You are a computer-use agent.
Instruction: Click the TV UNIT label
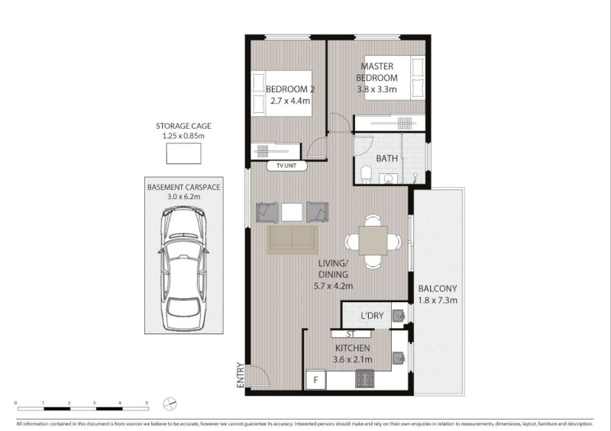[x=286, y=166]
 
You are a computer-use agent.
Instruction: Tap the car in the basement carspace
[x=183, y=269]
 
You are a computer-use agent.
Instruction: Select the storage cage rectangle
[x=183, y=153]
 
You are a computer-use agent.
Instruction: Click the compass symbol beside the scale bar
[x=170, y=404]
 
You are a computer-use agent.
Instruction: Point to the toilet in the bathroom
[x=367, y=175]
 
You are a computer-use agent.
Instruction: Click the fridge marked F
[x=316, y=379]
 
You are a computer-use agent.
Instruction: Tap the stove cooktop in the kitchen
[x=365, y=378]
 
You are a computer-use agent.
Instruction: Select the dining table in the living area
[x=373, y=240]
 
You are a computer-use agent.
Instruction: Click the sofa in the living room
[x=293, y=240]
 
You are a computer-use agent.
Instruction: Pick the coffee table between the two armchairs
[x=292, y=212]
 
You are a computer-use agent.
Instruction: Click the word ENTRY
[x=241, y=375]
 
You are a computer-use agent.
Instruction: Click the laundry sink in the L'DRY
[x=398, y=315]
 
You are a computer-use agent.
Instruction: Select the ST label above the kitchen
[x=351, y=334]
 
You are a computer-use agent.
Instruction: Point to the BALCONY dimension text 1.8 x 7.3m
[x=438, y=301]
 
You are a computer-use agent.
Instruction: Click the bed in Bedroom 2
[x=281, y=93]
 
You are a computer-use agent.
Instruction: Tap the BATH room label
[x=387, y=159]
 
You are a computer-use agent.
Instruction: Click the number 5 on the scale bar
[x=147, y=403]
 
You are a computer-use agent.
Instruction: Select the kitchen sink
[x=398, y=358]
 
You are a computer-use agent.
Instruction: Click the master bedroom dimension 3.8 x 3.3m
[x=377, y=89]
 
